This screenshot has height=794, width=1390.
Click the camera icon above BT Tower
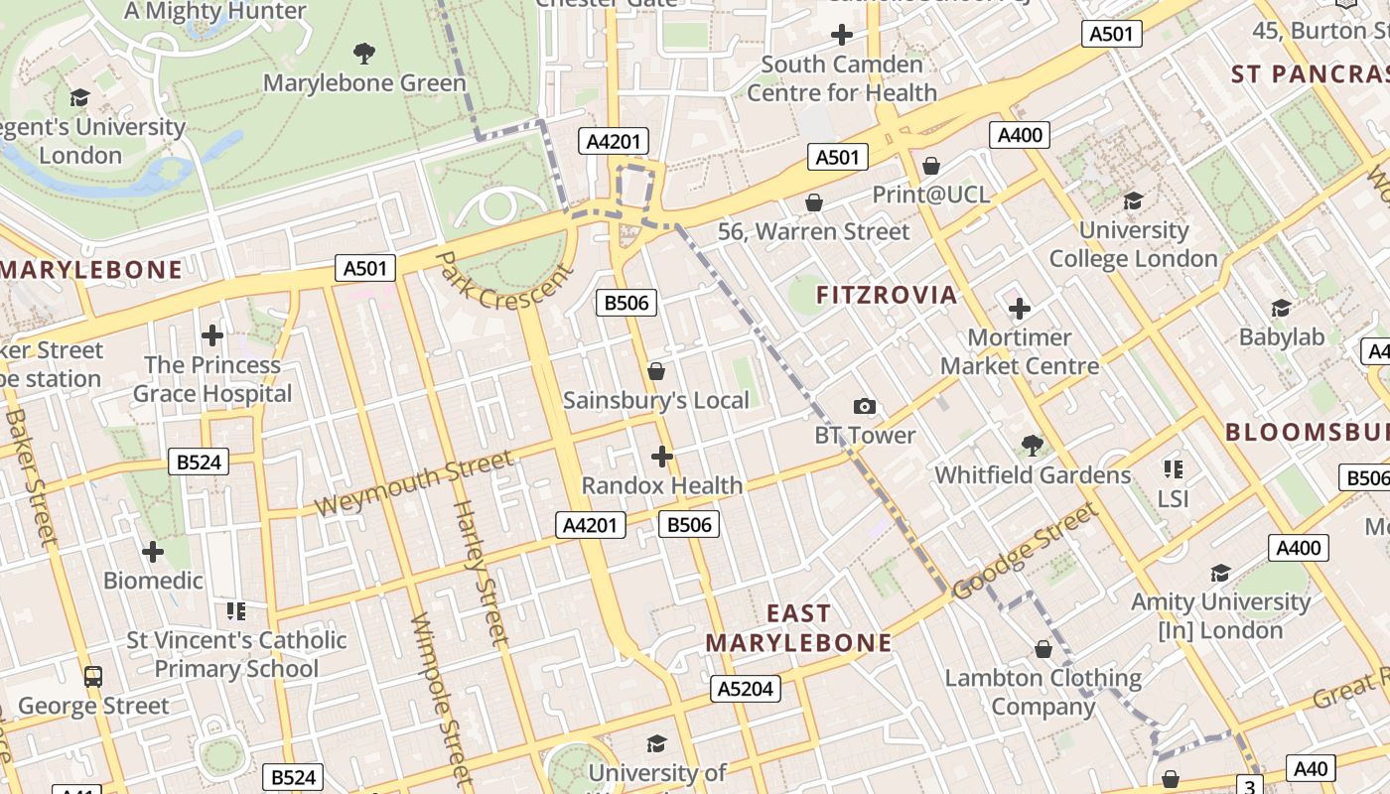click(865, 406)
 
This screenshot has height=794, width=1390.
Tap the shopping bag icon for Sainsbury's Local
click(655, 371)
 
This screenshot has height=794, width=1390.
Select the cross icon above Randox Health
click(662, 457)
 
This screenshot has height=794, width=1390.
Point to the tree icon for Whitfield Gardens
click(1033, 446)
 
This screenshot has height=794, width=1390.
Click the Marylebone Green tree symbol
click(364, 53)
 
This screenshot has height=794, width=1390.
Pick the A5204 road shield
click(746, 689)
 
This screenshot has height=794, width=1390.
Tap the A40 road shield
click(1311, 768)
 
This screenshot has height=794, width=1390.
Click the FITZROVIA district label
click(887, 295)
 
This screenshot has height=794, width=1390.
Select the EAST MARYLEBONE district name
click(799, 628)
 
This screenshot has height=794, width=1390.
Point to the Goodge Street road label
click(1026, 552)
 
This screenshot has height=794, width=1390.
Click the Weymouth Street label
click(415, 483)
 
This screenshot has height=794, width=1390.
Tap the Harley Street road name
click(481, 574)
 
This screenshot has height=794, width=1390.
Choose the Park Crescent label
click(503, 281)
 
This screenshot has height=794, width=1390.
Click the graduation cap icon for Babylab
click(1281, 308)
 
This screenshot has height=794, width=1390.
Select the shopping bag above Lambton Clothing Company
click(1042, 649)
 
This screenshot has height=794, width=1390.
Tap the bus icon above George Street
click(93, 677)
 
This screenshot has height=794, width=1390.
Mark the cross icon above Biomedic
click(153, 551)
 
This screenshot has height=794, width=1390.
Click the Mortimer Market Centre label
click(1020, 351)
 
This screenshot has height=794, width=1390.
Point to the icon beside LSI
click(1173, 469)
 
